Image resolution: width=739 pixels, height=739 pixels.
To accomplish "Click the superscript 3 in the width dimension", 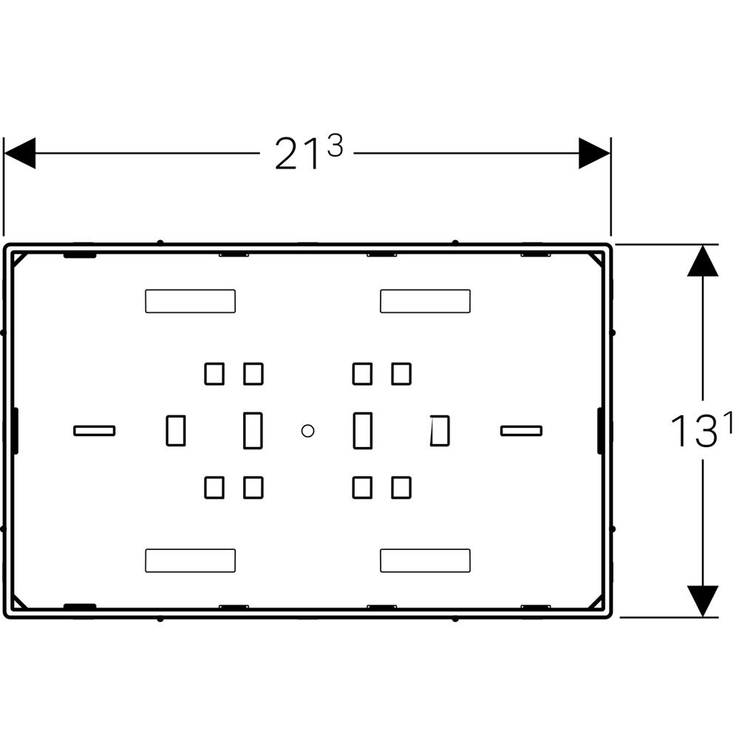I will (335, 146).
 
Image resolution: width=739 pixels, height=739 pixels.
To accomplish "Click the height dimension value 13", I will (692, 432).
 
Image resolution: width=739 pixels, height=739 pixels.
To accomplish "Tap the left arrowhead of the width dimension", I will (20, 153).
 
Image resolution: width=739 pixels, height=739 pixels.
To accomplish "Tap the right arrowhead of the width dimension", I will (594, 153).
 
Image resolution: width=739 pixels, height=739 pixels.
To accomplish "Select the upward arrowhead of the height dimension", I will (702, 262).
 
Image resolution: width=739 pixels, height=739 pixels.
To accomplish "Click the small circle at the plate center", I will (308, 430).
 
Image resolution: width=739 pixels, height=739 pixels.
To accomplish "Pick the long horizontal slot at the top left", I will (190, 301).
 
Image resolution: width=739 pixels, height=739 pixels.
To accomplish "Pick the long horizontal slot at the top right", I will (425, 301).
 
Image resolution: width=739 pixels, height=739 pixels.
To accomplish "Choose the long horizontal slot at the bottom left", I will (190, 560).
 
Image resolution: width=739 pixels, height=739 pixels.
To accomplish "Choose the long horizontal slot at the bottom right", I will (425, 560).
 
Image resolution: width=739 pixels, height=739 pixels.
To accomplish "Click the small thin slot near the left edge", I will (95, 431).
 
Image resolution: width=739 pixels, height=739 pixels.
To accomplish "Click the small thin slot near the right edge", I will (521, 431).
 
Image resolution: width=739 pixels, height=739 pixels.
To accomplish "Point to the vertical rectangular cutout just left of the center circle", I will (253, 430).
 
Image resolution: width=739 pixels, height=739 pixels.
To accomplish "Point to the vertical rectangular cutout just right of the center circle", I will (362, 430).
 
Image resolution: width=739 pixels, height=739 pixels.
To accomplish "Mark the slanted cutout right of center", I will (440, 430).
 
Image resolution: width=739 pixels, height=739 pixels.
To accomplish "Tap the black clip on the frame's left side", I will (15, 430).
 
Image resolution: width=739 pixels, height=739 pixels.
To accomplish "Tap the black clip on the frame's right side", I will (601, 430).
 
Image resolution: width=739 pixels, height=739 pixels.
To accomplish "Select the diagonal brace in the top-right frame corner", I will (596, 259).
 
